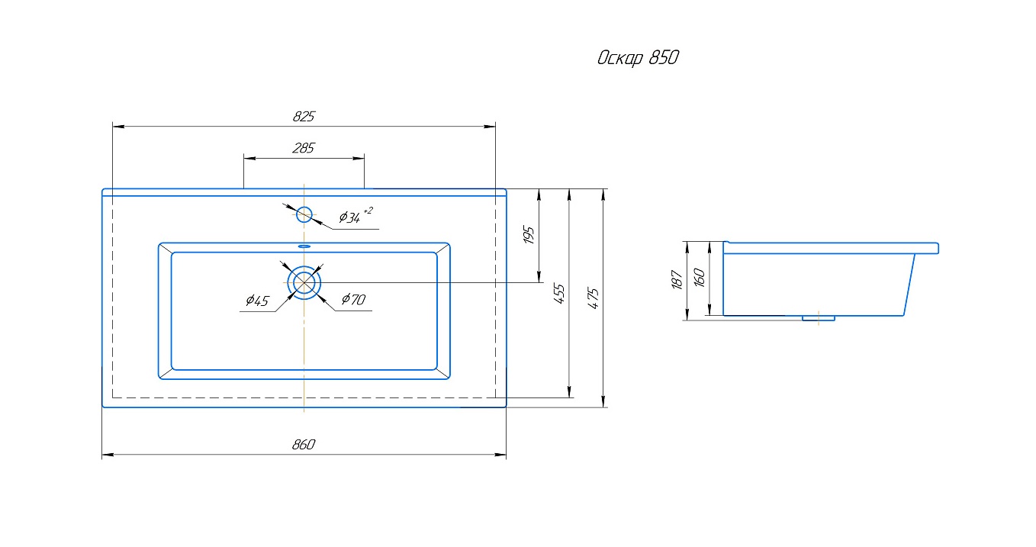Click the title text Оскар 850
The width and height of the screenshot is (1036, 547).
tap(638, 59)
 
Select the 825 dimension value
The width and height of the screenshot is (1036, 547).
tap(304, 117)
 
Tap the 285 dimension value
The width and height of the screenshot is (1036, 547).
tap(304, 149)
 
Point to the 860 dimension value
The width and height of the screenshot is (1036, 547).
tap(304, 446)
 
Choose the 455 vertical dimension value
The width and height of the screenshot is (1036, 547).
tap(559, 294)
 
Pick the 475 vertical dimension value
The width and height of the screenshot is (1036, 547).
tap(594, 298)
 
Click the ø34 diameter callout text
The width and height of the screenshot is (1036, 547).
tap(349, 217)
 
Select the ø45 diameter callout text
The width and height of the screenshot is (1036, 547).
tap(257, 301)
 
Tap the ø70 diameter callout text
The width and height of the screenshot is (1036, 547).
tap(353, 300)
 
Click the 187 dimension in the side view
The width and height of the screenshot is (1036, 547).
tap(677, 279)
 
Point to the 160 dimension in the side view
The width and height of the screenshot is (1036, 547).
tap(700, 276)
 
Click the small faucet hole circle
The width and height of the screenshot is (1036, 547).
tap(304, 214)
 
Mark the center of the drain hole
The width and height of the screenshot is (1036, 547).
tap(304, 282)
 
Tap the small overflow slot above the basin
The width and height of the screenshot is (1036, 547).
tap(304, 246)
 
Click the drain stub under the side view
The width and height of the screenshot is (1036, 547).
tap(819, 318)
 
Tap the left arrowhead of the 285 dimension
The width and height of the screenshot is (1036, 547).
tap(248, 158)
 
